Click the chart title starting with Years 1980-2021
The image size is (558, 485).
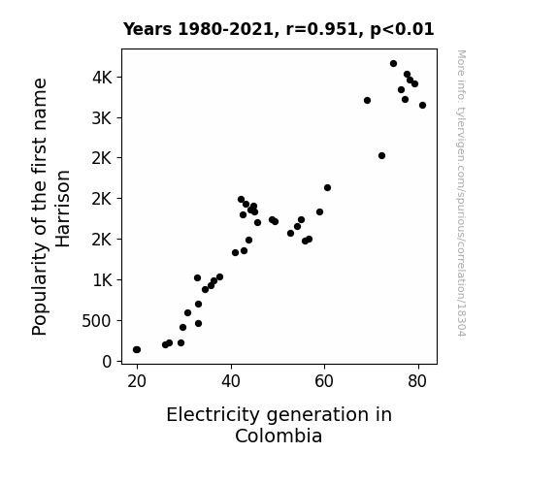pos(279,29)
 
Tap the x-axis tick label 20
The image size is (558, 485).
pos(137,381)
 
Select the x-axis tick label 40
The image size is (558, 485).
pos(231,381)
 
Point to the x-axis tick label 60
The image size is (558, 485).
pos(324,381)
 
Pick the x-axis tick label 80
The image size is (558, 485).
pos(417,381)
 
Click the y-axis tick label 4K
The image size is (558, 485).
pos(102,78)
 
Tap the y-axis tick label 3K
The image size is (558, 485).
pos(102,117)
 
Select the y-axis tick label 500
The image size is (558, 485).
pos(97,321)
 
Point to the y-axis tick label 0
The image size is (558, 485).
pos(107,362)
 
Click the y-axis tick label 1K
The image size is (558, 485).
pos(103,280)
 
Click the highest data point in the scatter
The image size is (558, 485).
pos(393,64)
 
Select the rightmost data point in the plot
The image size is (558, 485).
pos(422,106)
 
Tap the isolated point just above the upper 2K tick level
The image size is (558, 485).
pos(381,155)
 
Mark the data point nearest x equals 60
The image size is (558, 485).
pos(327,187)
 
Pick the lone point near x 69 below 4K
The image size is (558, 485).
pos(367,100)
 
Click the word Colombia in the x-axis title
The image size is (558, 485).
pos(279,436)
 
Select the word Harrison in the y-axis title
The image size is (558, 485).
pos(63,209)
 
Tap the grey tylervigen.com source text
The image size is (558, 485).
pos(461,193)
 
